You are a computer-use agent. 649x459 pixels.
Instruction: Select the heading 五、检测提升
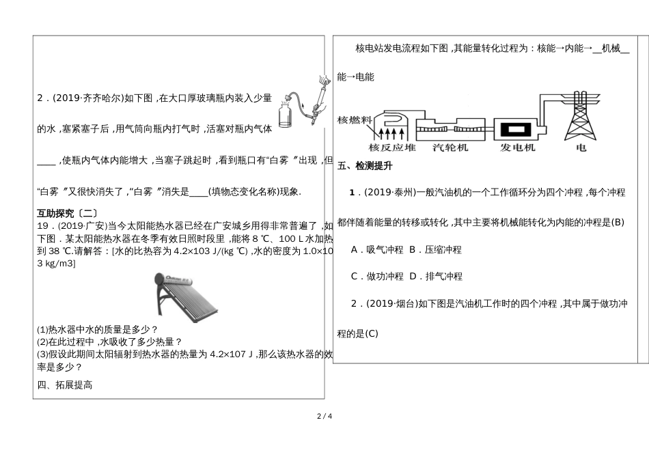tap(365, 165)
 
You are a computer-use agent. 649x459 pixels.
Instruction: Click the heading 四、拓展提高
tap(65, 385)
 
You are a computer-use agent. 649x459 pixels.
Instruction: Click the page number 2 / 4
tap(324, 416)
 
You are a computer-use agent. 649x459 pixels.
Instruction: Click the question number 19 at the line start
tap(42, 225)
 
